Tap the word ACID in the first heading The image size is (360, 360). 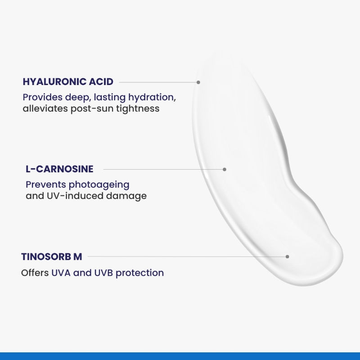tap(103, 82)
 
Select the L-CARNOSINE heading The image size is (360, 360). tap(59, 169)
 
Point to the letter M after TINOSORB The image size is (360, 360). tap(78, 256)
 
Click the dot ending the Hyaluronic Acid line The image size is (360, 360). tap(198, 82)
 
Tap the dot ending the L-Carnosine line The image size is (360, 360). tap(225, 169)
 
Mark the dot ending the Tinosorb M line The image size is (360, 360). tap(287, 256)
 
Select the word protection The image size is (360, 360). tap(140, 273)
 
